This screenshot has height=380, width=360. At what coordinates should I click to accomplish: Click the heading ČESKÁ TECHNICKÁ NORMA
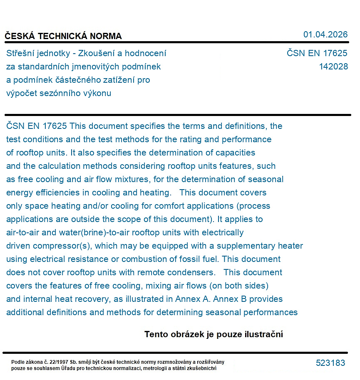pos(63,36)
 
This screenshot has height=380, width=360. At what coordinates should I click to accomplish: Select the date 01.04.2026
pos(325,35)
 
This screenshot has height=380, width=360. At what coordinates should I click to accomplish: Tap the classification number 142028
pos(333,67)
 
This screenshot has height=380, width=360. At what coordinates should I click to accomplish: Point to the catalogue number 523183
pos(330,363)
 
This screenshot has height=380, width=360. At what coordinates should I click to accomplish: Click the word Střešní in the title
pos(21,53)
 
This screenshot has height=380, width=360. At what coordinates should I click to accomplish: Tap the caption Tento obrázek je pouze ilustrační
pos(214,334)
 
